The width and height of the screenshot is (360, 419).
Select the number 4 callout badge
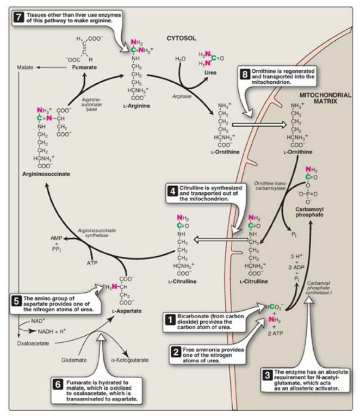171,190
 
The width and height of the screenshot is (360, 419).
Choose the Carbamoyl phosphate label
309,211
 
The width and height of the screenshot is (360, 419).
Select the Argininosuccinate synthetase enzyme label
97,234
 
